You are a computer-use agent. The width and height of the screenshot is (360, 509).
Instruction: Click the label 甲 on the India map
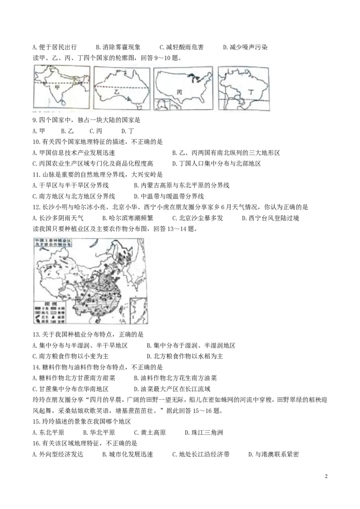(57, 89)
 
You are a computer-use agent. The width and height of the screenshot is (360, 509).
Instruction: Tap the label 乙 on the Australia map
(117, 92)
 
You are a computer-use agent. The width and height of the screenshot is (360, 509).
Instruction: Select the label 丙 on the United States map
(180, 92)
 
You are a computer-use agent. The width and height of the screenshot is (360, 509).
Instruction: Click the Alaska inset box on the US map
(162, 104)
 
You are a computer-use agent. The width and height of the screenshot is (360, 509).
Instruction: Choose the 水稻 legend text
(62, 308)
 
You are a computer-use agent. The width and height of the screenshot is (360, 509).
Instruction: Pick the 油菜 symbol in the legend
(54, 317)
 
